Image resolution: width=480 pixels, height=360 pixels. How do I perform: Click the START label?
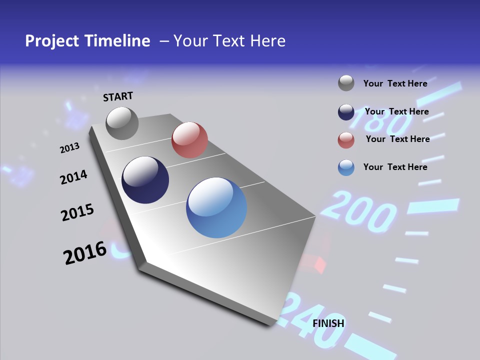(x=118, y=96)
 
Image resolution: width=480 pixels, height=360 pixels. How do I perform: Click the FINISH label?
(x=328, y=323)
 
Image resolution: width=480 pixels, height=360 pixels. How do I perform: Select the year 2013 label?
(x=69, y=147)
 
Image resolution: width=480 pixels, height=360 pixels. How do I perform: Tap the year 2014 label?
(x=73, y=177)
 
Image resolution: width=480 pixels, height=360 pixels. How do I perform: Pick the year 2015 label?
(x=77, y=212)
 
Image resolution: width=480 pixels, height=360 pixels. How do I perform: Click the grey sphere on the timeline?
(x=122, y=123)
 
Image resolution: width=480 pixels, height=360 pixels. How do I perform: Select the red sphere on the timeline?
(x=189, y=140)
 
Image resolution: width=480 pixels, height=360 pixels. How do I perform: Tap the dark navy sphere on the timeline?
(x=145, y=180)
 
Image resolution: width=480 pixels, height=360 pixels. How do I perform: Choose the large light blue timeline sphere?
(x=216, y=207)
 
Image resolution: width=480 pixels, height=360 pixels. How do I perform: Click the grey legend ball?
(x=346, y=83)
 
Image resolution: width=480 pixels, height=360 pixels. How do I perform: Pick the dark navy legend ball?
(x=346, y=112)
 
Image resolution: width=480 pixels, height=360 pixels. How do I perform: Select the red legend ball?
(x=346, y=140)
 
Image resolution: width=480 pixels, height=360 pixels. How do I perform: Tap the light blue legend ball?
(x=346, y=167)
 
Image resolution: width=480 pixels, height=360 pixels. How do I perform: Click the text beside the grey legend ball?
(x=395, y=83)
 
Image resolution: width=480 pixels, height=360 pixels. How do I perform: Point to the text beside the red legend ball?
(x=397, y=139)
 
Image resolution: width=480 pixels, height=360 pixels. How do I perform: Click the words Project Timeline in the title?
(x=87, y=41)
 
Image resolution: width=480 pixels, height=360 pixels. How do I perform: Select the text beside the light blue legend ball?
(x=395, y=167)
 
